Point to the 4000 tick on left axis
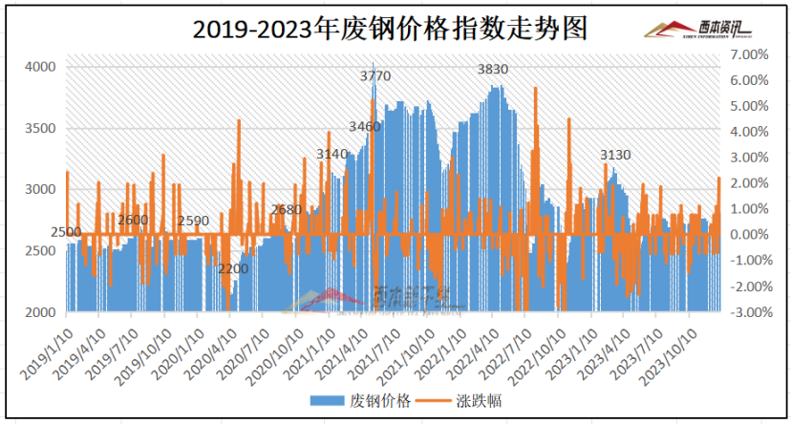click(x=40, y=67)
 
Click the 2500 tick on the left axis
click(x=40, y=251)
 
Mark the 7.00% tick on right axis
click(x=748, y=54)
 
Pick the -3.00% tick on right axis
click(x=746, y=312)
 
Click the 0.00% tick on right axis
click(x=748, y=235)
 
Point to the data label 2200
click(x=233, y=269)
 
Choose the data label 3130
click(x=615, y=155)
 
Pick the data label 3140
click(x=331, y=153)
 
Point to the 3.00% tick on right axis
click(x=748, y=158)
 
